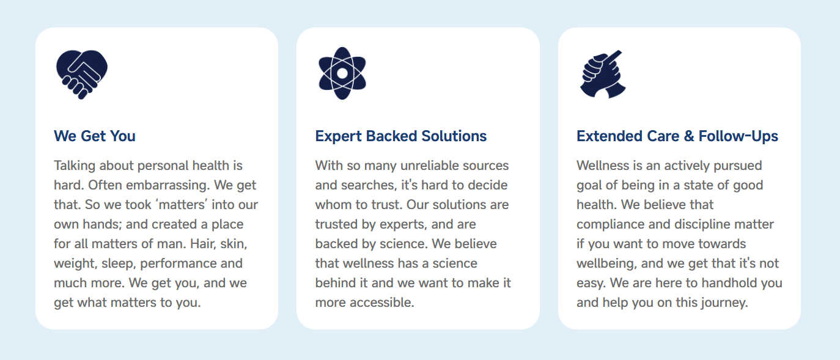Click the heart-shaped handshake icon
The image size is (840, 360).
point(82,74)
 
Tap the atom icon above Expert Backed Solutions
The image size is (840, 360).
point(342,73)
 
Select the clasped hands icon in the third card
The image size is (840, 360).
point(603,74)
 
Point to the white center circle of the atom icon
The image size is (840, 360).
point(342,73)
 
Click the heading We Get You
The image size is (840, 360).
point(95,136)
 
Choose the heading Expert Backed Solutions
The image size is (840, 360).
point(401,136)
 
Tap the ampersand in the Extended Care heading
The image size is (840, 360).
point(689,136)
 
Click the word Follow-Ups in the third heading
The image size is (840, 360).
point(739,136)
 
